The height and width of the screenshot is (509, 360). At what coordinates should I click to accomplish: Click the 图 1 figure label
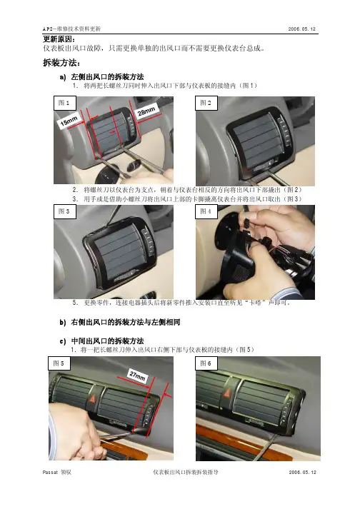(x=65, y=104)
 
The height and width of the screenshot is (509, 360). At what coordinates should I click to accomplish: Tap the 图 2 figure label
(x=206, y=103)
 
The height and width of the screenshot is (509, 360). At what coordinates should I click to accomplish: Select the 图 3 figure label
(x=65, y=211)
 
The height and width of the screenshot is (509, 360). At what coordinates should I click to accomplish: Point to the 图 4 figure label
(x=206, y=211)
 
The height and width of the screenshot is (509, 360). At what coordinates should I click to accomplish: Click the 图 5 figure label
(x=59, y=363)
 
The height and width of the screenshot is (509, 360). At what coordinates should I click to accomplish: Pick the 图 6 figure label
(x=206, y=363)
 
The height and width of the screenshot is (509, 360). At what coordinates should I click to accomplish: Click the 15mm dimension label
(x=69, y=121)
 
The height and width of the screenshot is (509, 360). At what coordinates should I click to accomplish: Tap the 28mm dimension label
(x=146, y=111)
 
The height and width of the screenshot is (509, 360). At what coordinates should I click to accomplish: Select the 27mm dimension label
(x=137, y=376)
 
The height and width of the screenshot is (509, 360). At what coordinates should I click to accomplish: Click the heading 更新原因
(x=59, y=39)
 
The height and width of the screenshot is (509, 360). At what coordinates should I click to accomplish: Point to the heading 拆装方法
(x=61, y=62)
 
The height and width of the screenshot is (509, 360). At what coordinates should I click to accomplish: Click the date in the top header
(x=302, y=29)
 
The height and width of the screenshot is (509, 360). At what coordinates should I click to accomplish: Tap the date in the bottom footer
(x=302, y=472)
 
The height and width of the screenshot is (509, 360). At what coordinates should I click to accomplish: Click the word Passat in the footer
(x=50, y=473)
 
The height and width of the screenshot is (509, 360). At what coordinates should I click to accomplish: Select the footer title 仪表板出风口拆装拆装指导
(x=185, y=473)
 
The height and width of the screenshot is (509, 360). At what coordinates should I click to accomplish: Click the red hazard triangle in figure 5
(x=92, y=398)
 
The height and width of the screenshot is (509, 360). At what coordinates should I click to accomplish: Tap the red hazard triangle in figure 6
(x=226, y=393)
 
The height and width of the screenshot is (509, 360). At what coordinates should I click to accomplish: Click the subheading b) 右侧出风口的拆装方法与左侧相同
(x=119, y=323)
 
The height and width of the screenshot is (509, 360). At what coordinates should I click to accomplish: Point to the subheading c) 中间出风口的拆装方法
(x=101, y=341)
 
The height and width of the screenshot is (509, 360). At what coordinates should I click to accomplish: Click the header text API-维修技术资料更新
(x=72, y=29)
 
